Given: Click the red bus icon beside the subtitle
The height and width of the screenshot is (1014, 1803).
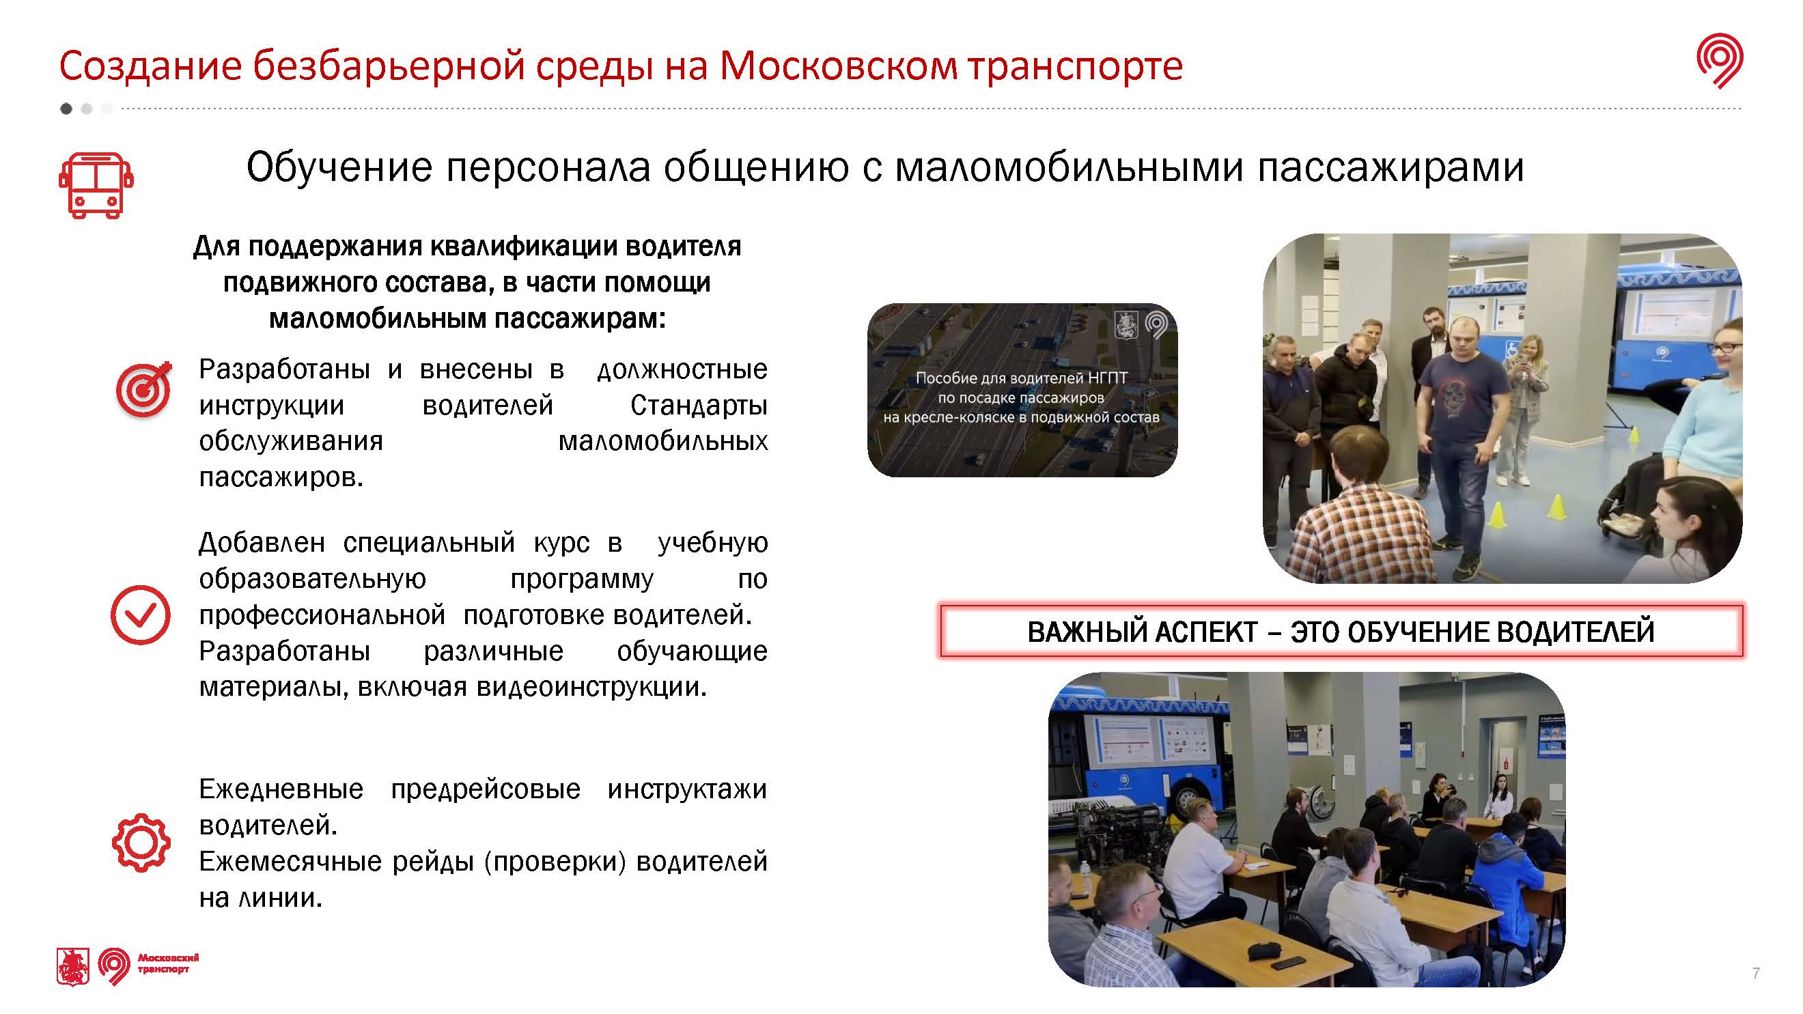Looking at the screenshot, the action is [x=96, y=186].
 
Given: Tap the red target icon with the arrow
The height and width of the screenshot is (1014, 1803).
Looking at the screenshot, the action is [x=144, y=389].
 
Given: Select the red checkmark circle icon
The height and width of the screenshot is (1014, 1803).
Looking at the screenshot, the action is [x=141, y=615].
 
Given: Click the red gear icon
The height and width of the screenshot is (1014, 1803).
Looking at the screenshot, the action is [x=141, y=843].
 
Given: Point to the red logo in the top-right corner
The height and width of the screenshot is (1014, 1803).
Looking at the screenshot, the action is [x=1720, y=61].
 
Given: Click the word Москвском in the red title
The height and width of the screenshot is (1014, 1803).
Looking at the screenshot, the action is [x=838, y=66].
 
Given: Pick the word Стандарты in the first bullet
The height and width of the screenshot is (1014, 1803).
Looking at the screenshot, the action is [x=699, y=406].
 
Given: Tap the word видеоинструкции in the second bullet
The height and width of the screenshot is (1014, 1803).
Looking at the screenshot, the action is [x=591, y=687].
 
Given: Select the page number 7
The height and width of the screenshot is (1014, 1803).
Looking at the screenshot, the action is [x=1756, y=974].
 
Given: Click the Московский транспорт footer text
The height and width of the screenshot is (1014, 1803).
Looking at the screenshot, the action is [x=168, y=963].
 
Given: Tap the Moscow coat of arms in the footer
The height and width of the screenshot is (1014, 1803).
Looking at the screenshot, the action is [x=73, y=967].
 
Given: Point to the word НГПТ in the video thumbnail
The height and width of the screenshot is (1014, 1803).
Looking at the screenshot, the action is [x=1107, y=378].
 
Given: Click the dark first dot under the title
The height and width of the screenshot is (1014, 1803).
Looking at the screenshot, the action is [x=66, y=109].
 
